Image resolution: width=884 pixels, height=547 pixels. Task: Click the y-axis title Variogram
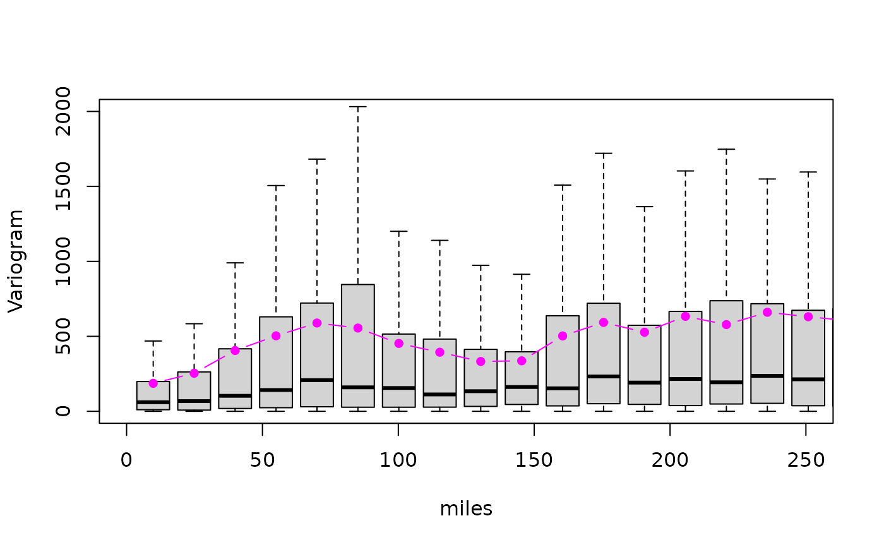tap(16, 261)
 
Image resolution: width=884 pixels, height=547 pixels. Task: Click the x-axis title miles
tap(466, 509)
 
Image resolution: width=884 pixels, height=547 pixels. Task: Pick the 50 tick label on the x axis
tap(262, 461)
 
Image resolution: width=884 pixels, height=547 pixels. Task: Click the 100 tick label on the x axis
tap(398, 461)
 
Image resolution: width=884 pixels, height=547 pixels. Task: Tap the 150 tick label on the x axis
tap(534, 461)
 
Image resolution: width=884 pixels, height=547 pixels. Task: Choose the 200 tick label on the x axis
tap(669, 461)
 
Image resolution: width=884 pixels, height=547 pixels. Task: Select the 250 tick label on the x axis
tap(805, 461)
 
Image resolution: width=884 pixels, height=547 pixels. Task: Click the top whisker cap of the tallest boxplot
tap(358, 107)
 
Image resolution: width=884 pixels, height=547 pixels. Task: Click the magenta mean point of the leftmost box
tap(153, 383)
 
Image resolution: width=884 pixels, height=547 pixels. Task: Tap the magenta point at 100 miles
tap(399, 344)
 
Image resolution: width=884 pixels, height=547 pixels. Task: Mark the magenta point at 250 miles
tap(808, 316)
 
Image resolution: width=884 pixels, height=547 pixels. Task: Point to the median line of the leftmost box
tap(153, 402)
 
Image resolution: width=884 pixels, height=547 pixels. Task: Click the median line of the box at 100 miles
tap(399, 388)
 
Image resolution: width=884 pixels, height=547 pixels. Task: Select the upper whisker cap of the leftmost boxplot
tap(153, 341)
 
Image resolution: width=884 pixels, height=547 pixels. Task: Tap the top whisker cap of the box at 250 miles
tap(808, 172)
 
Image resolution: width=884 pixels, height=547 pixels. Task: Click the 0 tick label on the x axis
tap(126, 461)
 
